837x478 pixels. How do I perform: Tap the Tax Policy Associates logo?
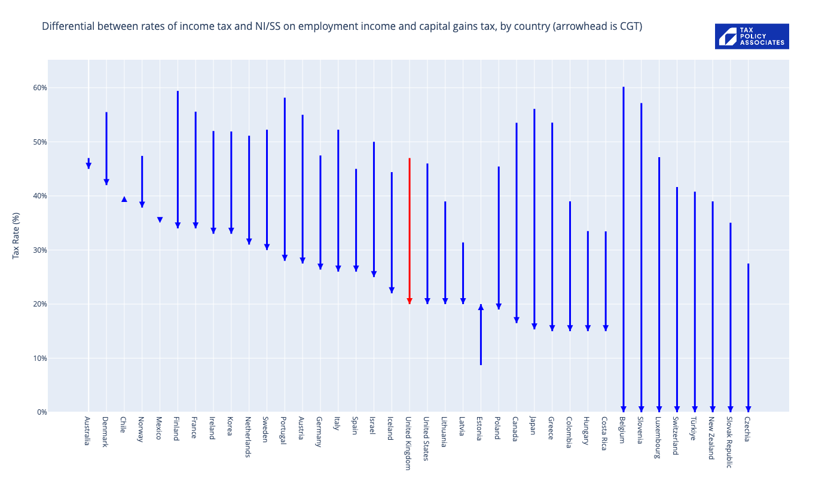[752, 36]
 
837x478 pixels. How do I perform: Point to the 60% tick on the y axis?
[39, 88]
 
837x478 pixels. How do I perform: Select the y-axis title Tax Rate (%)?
[16, 235]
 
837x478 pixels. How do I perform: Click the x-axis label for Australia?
[88, 431]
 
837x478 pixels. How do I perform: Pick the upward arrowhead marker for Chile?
[124, 199]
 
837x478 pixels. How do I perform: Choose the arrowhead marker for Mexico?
[160, 220]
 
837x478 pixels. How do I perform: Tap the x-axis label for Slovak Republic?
[730, 442]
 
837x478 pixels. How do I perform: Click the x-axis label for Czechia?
[748, 429]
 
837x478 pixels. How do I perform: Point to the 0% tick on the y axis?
[42, 412]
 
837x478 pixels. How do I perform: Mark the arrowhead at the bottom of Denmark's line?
[106, 182]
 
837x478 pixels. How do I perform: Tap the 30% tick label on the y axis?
[39, 250]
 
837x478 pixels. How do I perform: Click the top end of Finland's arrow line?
[178, 92]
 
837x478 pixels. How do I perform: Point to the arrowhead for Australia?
[88, 166]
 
